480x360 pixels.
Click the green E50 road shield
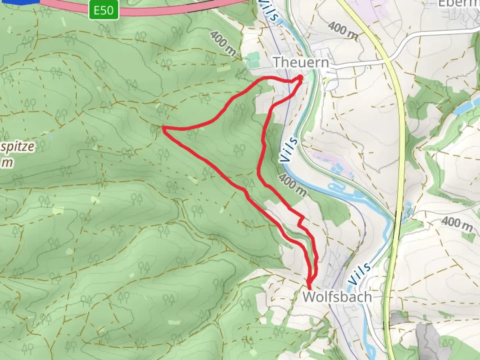(x=103, y=11)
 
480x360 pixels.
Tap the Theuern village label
(x=301, y=62)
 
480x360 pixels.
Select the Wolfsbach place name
(x=337, y=297)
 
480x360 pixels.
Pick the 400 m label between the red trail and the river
(x=292, y=185)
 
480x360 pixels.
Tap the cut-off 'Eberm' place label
(x=459, y=3)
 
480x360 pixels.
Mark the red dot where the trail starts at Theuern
(x=300, y=77)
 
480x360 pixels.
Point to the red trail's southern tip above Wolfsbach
(x=309, y=288)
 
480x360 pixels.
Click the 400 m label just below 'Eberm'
(x=342, y=31)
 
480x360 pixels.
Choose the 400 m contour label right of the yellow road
(x=457, y=224)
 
